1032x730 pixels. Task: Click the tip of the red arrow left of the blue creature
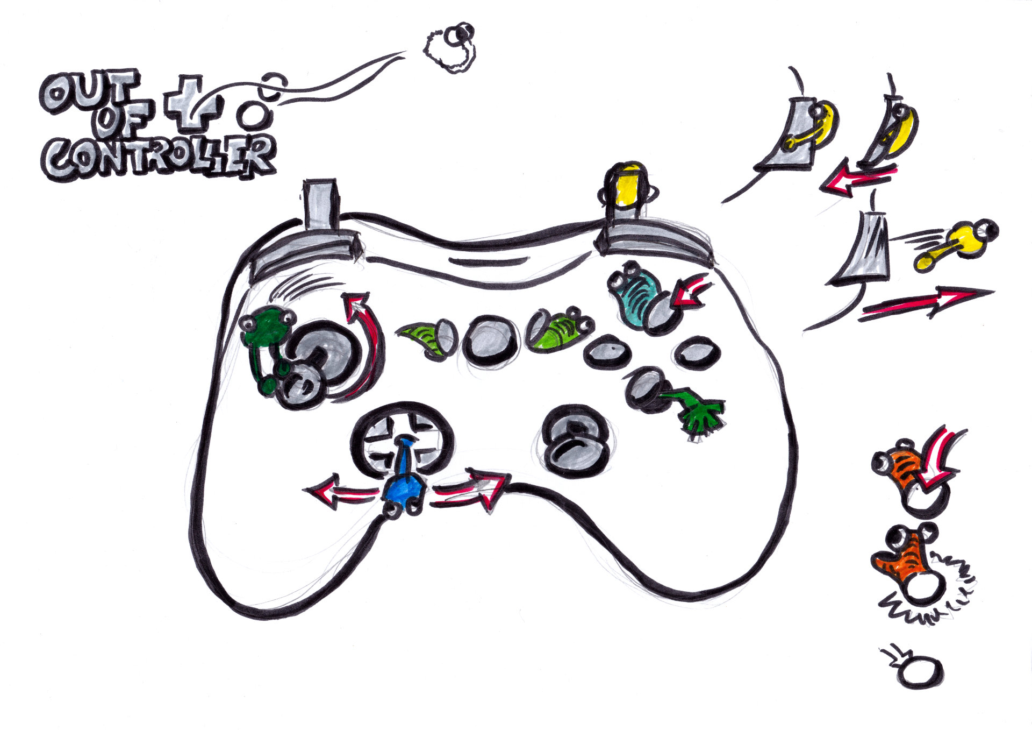click(304, 491)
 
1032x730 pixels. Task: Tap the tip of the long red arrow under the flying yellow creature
click(993, 293)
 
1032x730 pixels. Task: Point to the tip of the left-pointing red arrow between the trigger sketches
click(820, 187)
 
